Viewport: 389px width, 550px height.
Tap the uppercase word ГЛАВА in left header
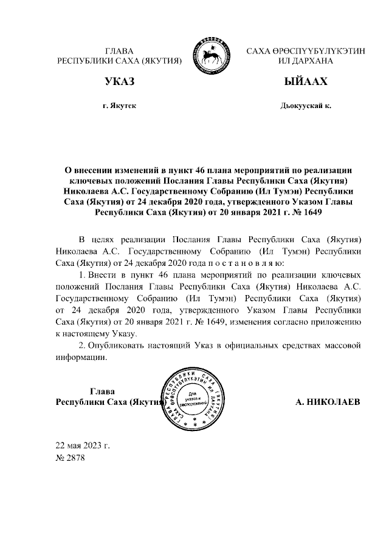point(119,52)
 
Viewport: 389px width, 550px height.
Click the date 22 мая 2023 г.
point(83,446)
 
